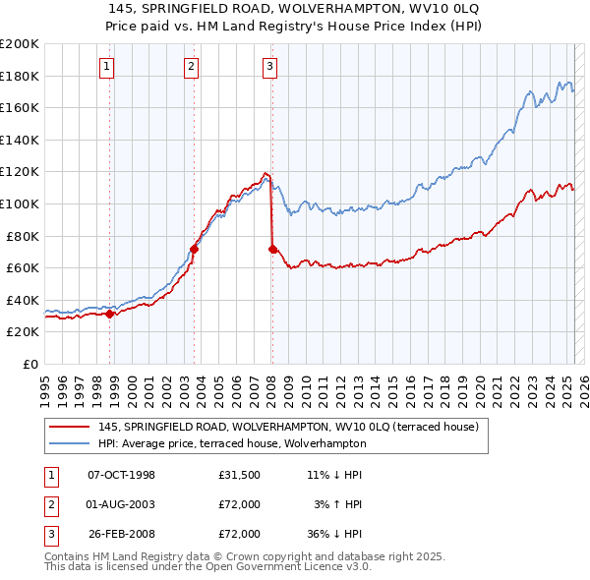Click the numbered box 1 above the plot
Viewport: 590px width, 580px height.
click(106, 67)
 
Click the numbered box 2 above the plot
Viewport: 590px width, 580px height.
click(190, 67)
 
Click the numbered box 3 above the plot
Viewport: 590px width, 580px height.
click(269, 67)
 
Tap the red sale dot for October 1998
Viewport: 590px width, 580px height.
click(110, 315)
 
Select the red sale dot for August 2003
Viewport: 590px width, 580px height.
click(194, 250)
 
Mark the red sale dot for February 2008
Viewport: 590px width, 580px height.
click(272, 250)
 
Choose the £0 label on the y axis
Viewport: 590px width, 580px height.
click(29, 364)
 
